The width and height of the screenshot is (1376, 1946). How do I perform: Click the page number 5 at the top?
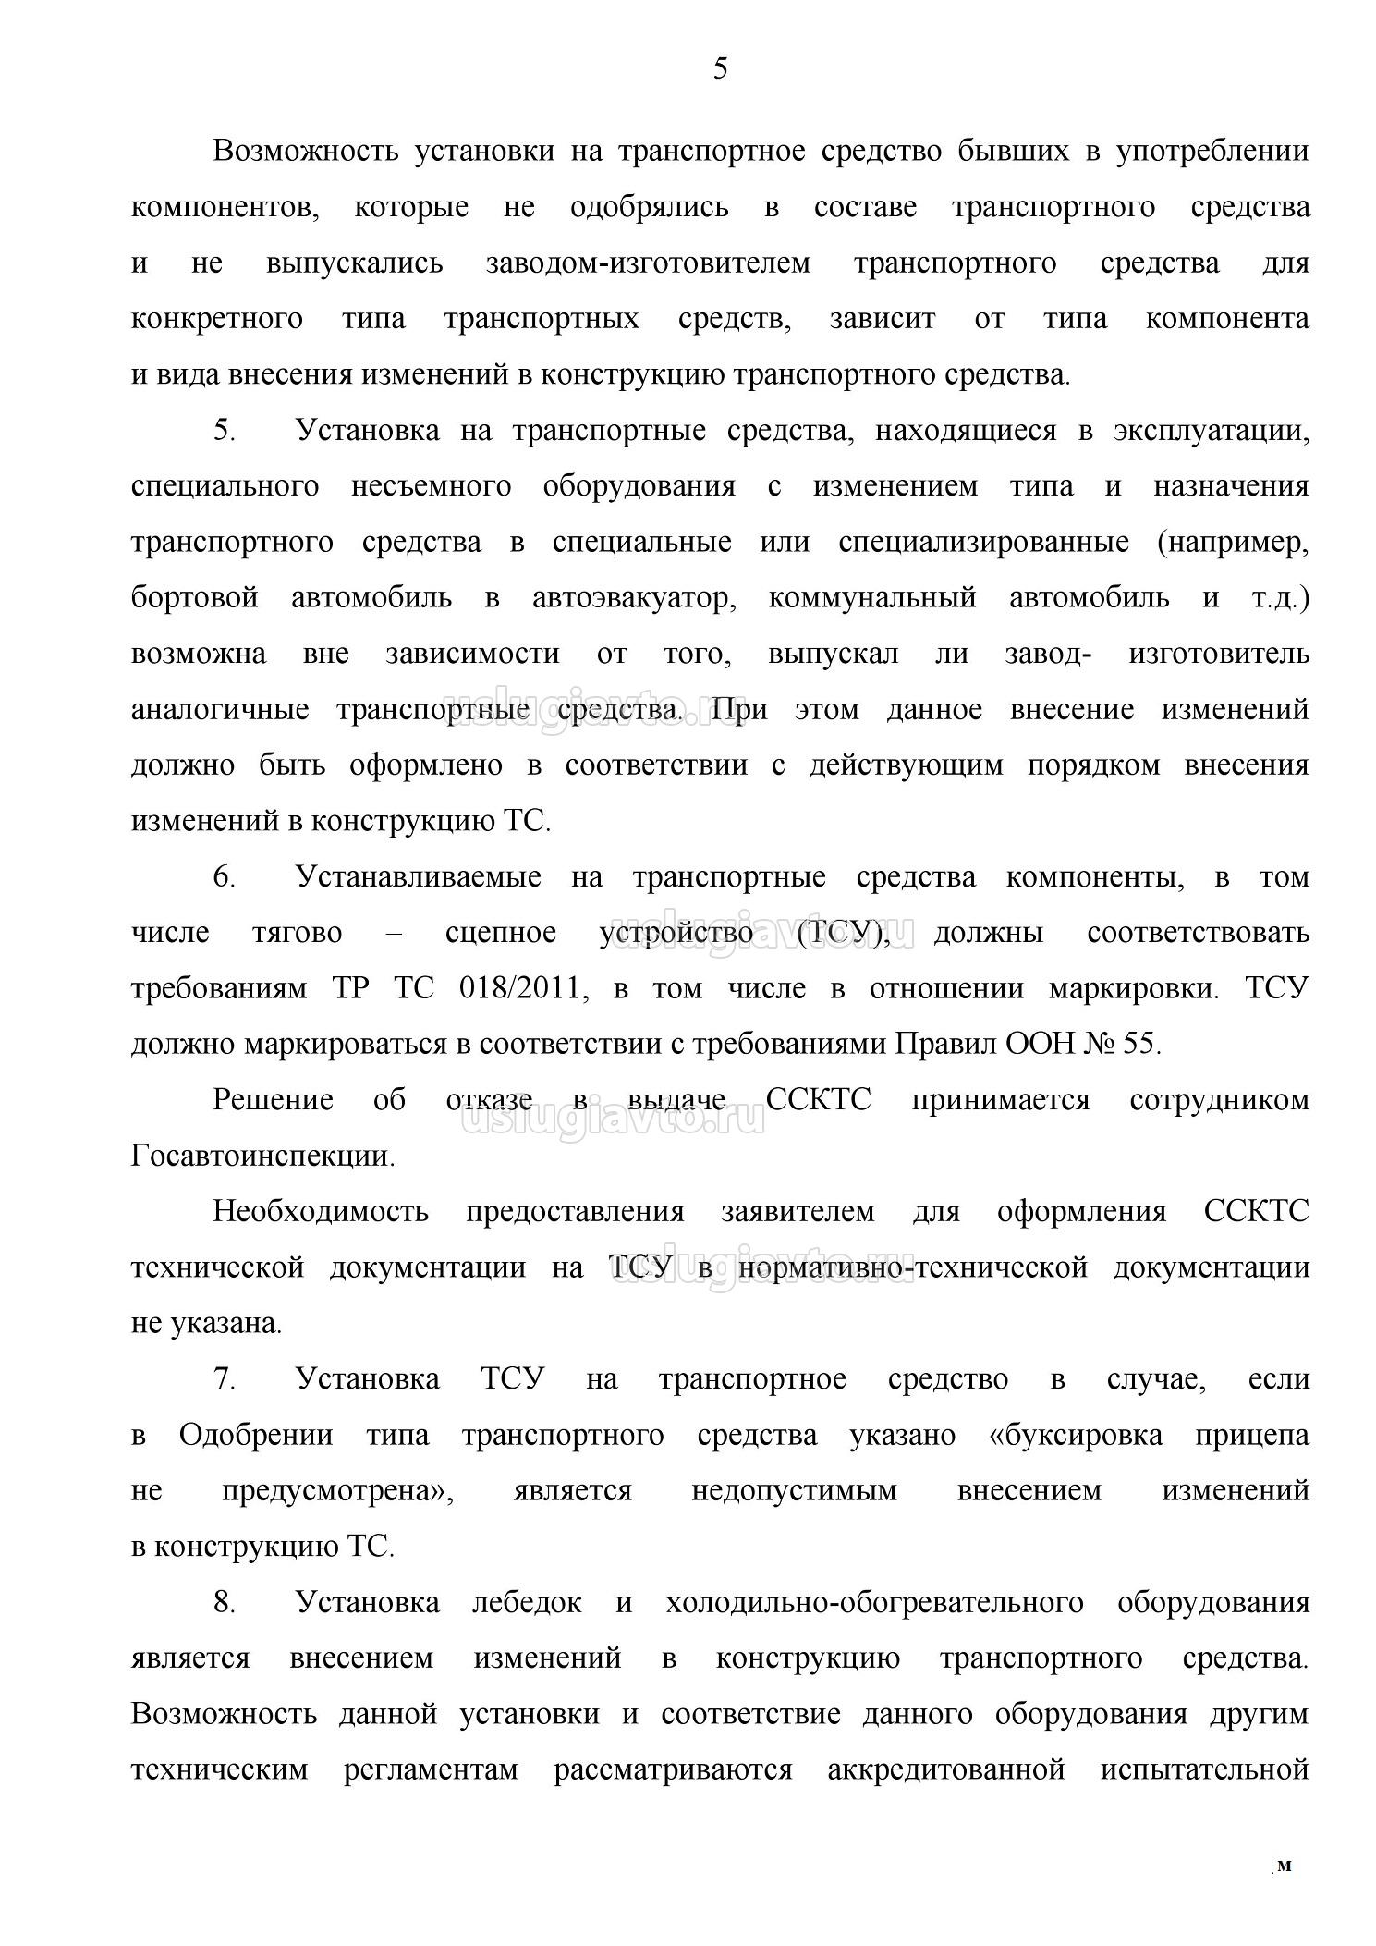point(720,68)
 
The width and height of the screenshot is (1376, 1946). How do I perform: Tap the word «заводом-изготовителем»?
point(648,263)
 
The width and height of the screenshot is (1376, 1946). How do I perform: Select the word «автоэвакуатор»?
point(634,598)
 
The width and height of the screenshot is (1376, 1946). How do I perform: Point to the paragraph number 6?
point(225,877)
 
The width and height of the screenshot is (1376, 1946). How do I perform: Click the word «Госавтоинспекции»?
point(262,1157)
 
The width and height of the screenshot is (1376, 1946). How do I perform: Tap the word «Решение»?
point(273,1100)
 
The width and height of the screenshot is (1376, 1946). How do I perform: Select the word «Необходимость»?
point(321,1212)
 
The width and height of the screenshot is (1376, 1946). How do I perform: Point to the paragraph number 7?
point(225,1379)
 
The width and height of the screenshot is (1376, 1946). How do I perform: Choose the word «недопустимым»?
point(794,1491)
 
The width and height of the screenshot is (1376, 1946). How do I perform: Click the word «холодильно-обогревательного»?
point(874,1603)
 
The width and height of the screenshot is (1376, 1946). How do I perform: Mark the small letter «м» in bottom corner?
point(1284,1866)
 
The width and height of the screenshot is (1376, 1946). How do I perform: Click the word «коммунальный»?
point(871,598)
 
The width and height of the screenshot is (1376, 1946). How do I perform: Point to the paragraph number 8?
point(225,1603)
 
